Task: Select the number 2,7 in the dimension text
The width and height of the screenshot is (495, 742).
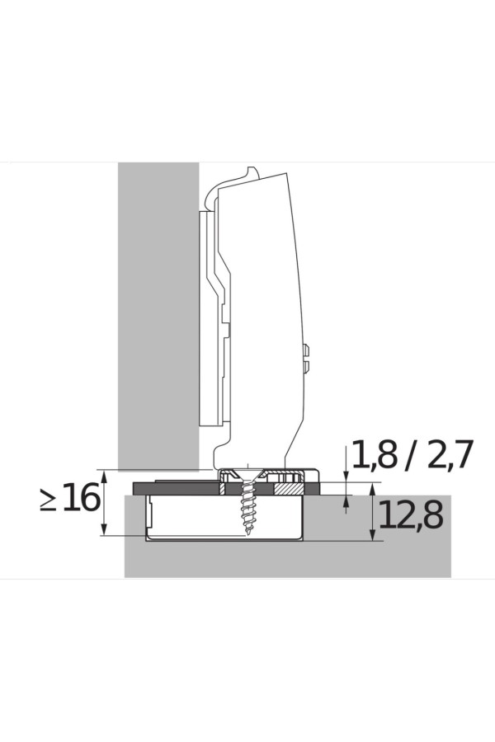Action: tap(450, 454)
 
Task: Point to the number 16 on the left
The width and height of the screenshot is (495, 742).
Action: tap(81, 498)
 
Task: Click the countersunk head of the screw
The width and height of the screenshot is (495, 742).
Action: tap(247, 475)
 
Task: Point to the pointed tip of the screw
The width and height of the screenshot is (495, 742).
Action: tap(247, 533)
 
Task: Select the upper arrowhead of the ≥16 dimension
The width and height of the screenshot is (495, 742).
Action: tap(105, 476)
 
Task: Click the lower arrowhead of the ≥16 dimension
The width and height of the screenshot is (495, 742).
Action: tap(105, 530)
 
